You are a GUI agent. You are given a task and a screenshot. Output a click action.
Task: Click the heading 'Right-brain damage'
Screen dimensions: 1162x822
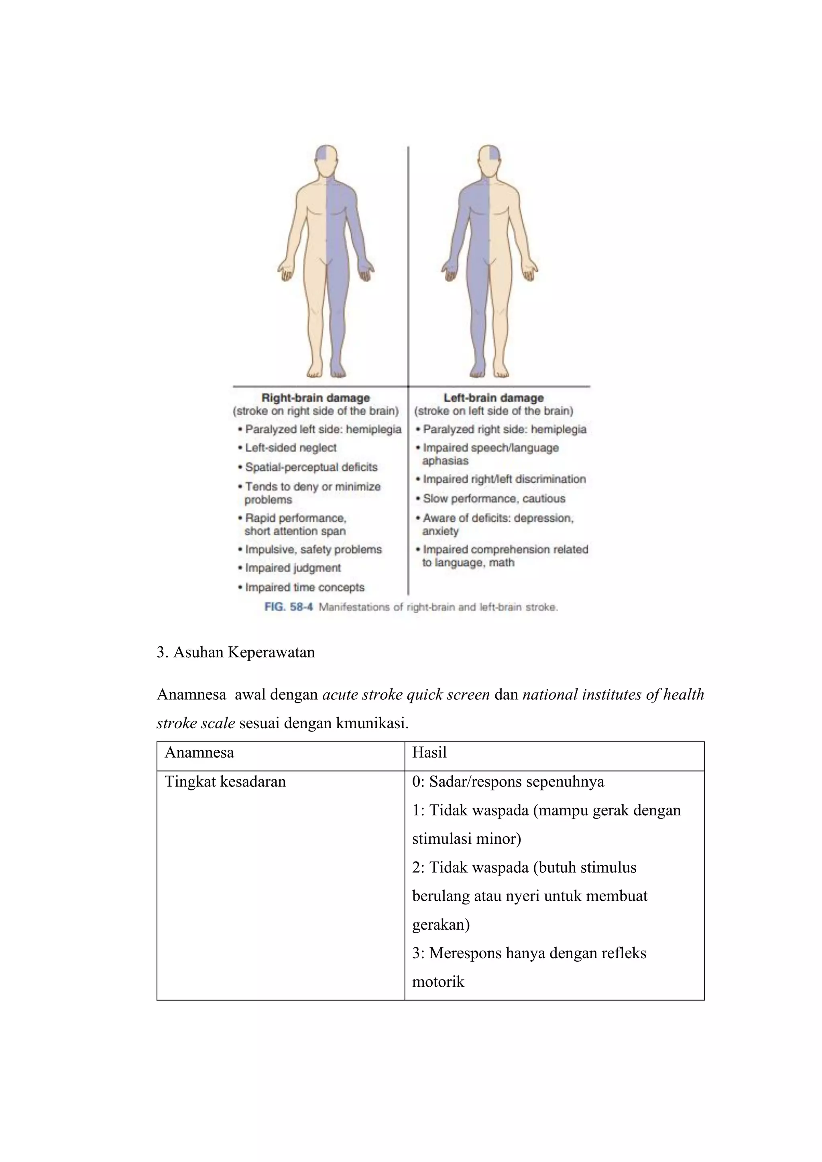coord(315,398)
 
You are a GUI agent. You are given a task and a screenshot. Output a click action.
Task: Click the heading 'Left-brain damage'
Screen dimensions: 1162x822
coord(494,398)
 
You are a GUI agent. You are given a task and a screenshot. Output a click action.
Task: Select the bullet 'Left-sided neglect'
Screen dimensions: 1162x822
coord(291,448)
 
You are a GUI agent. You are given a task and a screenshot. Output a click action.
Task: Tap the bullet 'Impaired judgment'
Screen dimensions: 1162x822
coord(293,568)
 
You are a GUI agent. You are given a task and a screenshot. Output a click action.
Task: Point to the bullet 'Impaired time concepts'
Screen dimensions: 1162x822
coord(304,587)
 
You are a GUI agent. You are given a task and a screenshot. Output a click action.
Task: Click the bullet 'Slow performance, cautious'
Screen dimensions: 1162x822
coord(494,498)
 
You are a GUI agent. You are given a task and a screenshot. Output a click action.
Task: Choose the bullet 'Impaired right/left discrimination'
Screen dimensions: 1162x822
coord(504,479)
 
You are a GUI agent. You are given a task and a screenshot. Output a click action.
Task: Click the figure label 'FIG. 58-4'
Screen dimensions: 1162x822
coord(289,607)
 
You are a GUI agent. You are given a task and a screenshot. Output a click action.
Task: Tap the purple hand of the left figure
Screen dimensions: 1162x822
coord(366,271)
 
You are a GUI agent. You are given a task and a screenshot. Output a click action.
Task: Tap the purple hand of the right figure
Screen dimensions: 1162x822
coord(450,271)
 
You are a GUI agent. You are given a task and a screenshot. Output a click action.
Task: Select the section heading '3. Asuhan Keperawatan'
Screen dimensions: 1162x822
coord(236,652)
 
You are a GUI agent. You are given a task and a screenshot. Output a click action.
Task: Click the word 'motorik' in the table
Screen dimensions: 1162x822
coord(438,982)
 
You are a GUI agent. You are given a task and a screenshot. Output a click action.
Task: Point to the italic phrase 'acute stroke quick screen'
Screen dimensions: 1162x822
coord(406,695)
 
